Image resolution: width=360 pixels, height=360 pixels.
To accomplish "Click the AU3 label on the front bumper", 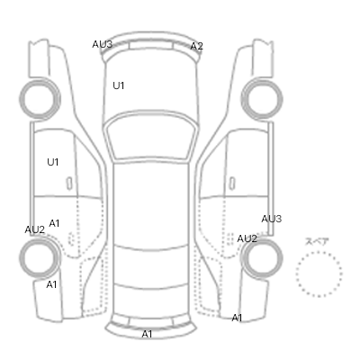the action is click(x=103, y=44).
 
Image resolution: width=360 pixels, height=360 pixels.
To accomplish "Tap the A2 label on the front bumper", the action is click(x=197, y=46).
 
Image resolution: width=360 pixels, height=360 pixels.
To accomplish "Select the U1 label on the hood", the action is click(x=119, y=85).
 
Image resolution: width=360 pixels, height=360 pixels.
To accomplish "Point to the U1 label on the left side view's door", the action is click(x=53, y=162).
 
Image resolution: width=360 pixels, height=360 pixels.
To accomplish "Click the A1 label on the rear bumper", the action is click(x=147, y=334).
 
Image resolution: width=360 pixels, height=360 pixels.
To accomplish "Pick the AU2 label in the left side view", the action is click(x=35, y=229).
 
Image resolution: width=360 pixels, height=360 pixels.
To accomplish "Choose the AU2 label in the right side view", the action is click(x=247, y=238).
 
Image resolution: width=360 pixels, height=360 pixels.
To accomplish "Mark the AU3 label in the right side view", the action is click(x=272, y=219).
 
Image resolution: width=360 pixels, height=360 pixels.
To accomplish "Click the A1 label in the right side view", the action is click(x=237, y=318).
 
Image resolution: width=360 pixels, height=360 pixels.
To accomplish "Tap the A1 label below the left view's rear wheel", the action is click(x=51, y=284).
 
